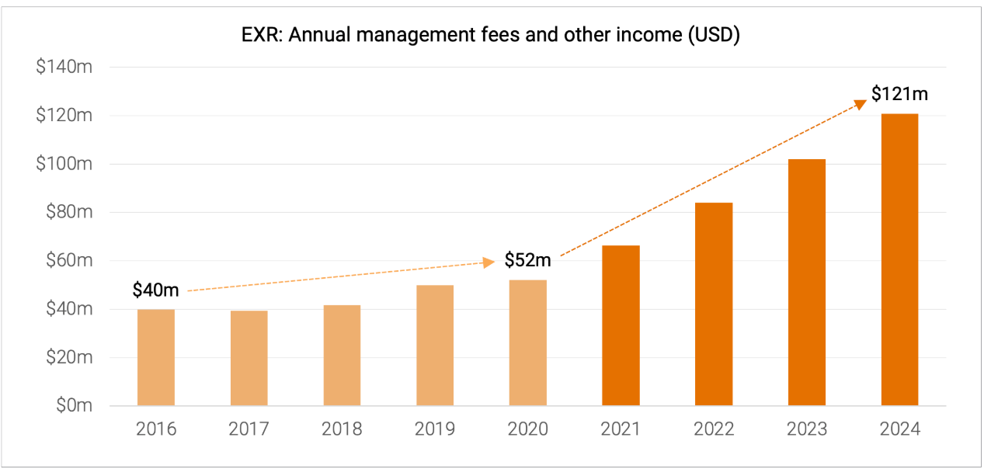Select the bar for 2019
[x=435, y=346]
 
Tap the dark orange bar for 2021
[x=621, y=325]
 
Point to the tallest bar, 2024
[x=899, y=259]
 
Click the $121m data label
[x=899, y=95]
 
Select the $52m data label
[x=527, y=260]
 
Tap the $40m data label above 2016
[x=155, y=290]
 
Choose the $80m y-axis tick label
[x=68, y=213]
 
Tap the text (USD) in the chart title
[x=714, y=36]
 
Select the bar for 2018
[x=342, y=355]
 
